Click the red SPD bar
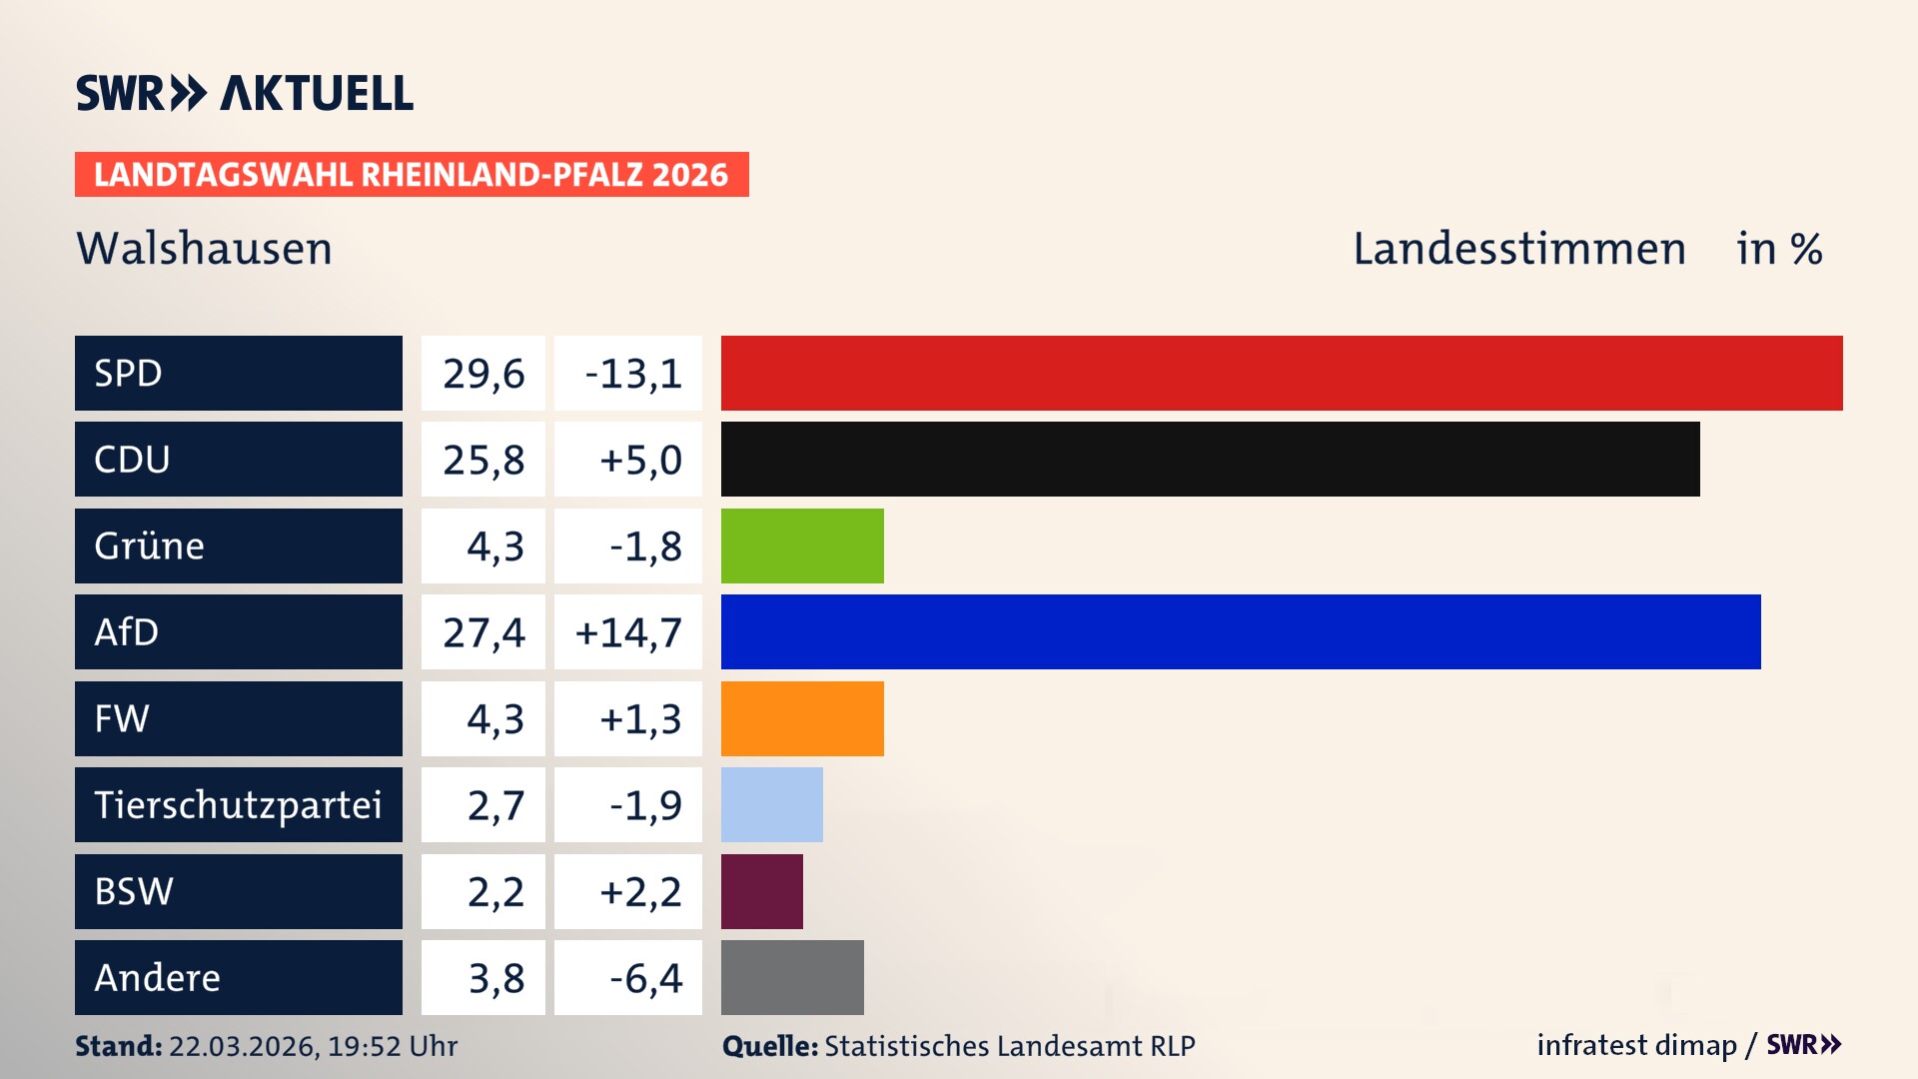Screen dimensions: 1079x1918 tap(1282, 373)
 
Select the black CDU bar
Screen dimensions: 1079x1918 tap(1210, 460)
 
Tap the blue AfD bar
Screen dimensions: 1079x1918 tap(1241, 631)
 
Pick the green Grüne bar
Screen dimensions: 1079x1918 tap(802, 545)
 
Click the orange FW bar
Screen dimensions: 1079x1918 tap(802, 718)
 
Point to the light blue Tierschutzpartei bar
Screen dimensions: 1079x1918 tap(771, 804)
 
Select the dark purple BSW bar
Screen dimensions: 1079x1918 tap(761, 891)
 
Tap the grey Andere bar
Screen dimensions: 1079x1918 tap(792, 977)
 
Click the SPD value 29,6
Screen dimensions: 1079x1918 tap(483, 374)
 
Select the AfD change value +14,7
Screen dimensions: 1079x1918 tap(628, 632)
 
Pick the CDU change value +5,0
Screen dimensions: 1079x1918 tap(639, 460)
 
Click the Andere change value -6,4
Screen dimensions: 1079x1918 tap(645, 978)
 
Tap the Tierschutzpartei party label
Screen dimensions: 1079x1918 tap(238, 805)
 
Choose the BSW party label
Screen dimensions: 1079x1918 tap(134, 891)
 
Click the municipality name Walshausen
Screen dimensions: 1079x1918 tap(204, 249)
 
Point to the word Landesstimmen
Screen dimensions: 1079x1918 tap(1518, 249)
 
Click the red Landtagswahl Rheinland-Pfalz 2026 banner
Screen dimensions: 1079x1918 tap(412, 175)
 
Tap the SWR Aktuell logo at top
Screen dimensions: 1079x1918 tap(244, 93)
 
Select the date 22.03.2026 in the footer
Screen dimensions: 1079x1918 tap(243, 1046)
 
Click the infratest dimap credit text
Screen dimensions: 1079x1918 tap(1636, 1045)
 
